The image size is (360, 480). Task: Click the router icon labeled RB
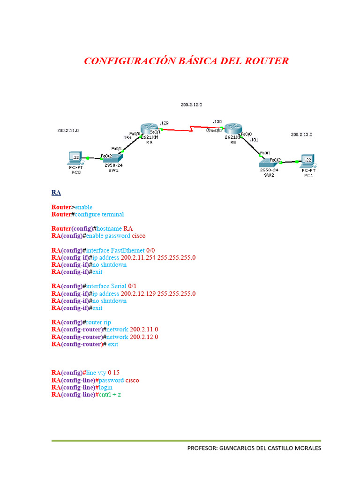(232, 130)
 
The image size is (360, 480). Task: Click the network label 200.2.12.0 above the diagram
(191, 105)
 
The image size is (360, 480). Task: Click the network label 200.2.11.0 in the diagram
(68, 130)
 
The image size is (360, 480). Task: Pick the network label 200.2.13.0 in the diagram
(301, 135)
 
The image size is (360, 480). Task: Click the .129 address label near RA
(164, 122)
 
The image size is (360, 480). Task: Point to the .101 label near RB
(254, 140)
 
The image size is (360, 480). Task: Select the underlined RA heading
(56, 193)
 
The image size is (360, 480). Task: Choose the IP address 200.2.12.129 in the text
(138, 294)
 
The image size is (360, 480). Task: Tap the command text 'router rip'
(98, 322)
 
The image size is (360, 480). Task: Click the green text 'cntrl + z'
(111, 395)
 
